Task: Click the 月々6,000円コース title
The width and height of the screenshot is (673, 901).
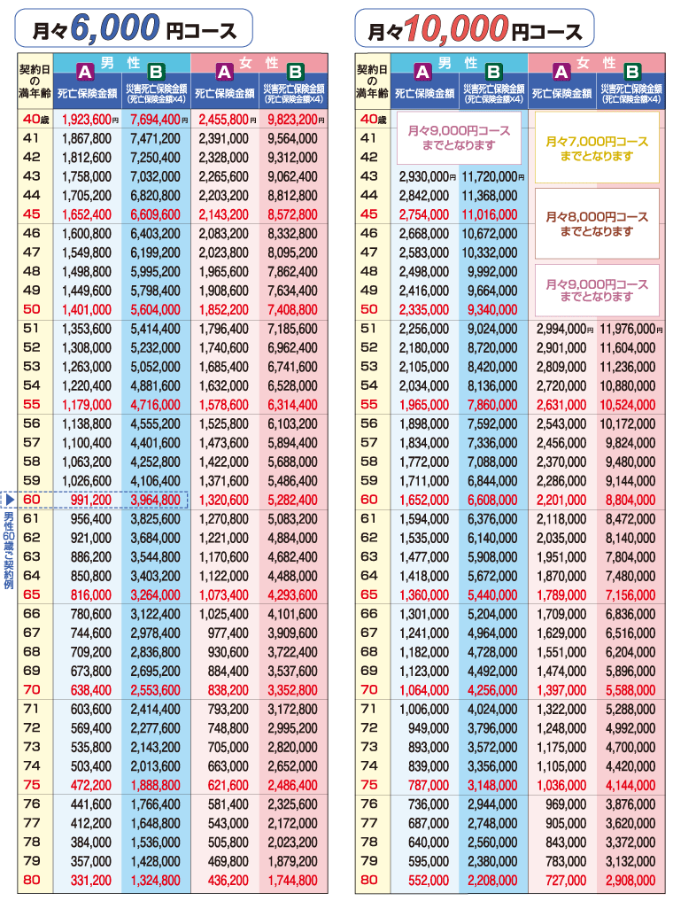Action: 134,28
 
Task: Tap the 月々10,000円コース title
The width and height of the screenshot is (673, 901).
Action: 474,28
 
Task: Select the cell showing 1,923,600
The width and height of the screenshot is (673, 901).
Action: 87,120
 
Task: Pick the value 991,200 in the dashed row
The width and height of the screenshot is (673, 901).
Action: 91,500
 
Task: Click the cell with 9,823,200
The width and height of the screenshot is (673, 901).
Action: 292,120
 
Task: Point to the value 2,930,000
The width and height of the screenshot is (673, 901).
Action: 424,177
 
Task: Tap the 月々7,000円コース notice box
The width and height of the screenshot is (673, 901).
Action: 597,148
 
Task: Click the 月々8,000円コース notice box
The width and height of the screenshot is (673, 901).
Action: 597,223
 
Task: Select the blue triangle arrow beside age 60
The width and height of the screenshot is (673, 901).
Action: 10,500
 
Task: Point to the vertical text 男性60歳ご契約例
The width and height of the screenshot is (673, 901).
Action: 9,550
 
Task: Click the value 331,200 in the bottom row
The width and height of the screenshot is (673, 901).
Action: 91,881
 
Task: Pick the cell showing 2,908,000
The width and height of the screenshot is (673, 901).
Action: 630,881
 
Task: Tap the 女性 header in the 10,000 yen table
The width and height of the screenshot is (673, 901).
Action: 596,62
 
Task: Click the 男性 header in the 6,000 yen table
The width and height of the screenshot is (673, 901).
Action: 120,62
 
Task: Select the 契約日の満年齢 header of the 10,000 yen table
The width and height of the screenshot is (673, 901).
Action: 372,81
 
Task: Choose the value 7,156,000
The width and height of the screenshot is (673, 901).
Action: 630,595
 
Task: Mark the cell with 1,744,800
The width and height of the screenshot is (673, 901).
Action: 292,881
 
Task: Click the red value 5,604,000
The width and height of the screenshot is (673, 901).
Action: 155,310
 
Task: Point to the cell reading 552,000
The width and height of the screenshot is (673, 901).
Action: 429,881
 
